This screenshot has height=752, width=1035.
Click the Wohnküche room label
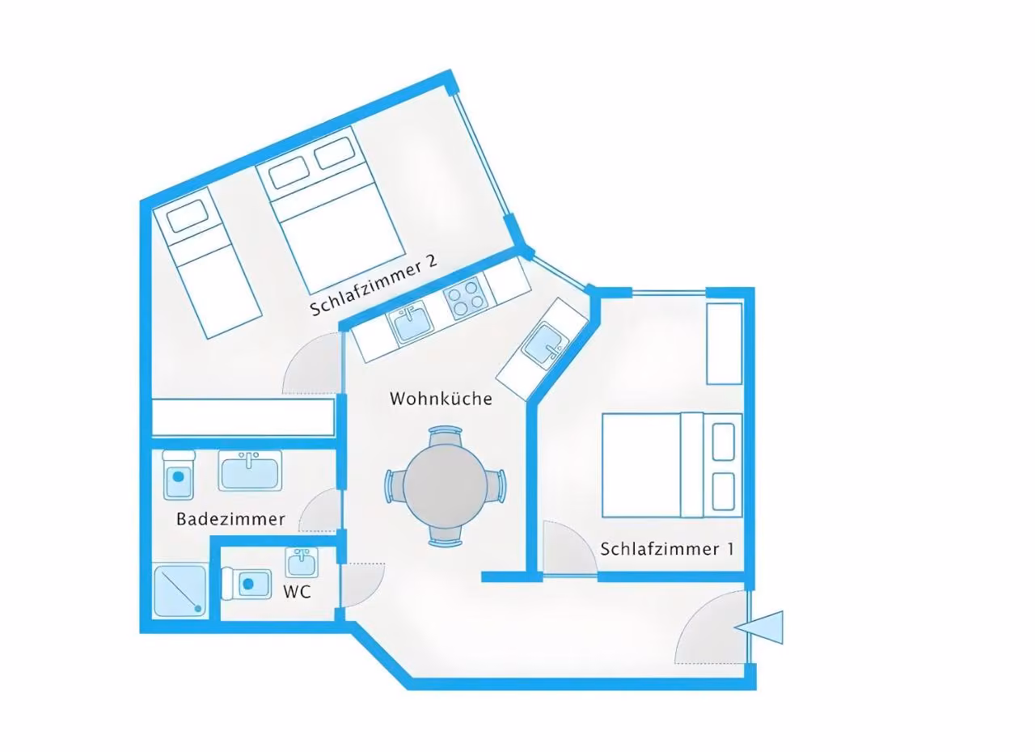pyautogui.click(x=441, y=399)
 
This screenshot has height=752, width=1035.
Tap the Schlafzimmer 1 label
pyautogui.click(x=667, y=549)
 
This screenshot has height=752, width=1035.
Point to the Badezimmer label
pyautogui.click(x=230, y=519)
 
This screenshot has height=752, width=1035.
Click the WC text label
pyautogui.click(x=297, y=592)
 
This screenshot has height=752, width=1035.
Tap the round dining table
pyautogui.click(x=445, y=486)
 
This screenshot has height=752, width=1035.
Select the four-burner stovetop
pyautogui.click(x=467, y=298)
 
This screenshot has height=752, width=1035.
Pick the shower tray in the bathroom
pyautogui.click(x=180, y=591)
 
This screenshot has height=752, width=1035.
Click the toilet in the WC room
pyautogui.click(x=246, y=585)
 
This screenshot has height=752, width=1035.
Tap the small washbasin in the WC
pyautogui.click(x=302, y=562)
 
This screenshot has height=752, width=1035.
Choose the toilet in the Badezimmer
pyautogui.click(x=179, y=475)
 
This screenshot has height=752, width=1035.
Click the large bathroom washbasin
pyautogui.click(x=250, y=471)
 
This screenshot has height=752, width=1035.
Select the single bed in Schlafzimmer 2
pyautogui.click(x=207, y=262)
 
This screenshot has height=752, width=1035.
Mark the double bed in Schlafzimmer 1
pyautogui.click(x=672, y=465)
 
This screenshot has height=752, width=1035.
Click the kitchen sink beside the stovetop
pyautogui.click(x=410, y=322)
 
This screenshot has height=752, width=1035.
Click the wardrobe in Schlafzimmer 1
pyautogui.click(x=724, y=344)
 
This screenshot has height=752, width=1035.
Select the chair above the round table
pyautogui.click(x=445, y=435)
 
